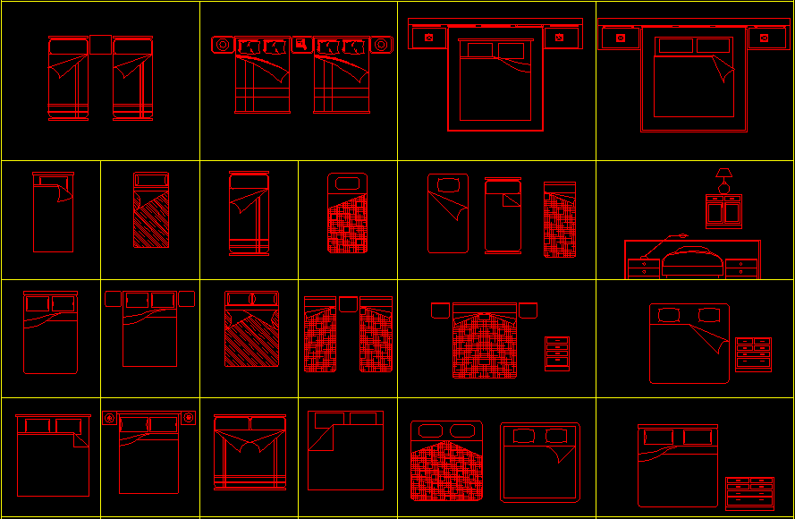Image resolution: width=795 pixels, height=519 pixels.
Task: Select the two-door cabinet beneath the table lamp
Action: [723, 211]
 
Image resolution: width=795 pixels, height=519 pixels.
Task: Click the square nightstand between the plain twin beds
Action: [100, 45]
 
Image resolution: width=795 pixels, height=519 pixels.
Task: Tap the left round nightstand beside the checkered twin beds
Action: [222, 44]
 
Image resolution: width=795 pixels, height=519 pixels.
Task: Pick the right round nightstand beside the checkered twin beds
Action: [382, 44]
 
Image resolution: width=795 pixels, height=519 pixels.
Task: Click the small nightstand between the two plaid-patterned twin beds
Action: [348, 302]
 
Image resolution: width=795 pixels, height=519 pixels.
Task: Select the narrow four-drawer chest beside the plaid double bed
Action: [556, 353]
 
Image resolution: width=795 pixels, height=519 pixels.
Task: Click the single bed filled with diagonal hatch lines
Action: [151, 210]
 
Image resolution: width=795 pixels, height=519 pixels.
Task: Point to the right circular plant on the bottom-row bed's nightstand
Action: [189, 417]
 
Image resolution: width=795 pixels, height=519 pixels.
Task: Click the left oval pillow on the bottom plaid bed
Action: [427, 431]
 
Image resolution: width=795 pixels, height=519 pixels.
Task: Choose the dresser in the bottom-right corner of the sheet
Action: [749, 493]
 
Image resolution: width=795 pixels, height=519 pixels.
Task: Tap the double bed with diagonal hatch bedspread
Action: [251, 329]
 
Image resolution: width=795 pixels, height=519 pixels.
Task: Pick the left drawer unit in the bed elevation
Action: [643, 267]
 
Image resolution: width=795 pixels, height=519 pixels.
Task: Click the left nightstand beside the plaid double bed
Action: [440, 311]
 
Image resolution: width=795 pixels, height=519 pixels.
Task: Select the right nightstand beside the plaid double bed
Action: [528, 311]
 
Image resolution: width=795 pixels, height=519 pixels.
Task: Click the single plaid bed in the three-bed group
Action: [560, 220]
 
